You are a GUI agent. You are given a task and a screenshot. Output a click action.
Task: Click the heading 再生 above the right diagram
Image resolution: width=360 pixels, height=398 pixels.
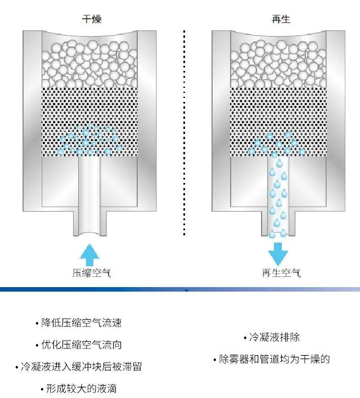point(280,20)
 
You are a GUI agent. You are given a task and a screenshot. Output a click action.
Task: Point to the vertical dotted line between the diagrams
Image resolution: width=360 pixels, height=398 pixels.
point(184,129)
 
